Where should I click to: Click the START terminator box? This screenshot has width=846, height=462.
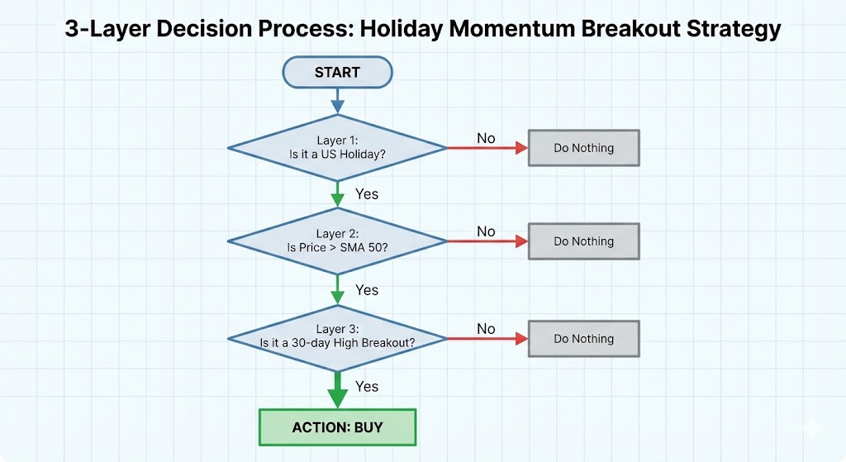pyautogui.click(x=337, y=73)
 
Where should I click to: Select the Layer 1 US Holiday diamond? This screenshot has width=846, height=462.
pyautogui.click(x=337, y=147)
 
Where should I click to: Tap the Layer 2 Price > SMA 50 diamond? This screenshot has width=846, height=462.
pyautogui.click(x=337, y=241)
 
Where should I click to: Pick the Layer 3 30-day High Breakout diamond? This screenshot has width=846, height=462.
pyautogui.click(x=337, y=338)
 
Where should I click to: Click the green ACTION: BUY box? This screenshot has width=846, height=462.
pyautogui.click(x=337, y=427)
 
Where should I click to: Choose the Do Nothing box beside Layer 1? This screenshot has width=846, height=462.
pyautogui.click(x=584, y=148)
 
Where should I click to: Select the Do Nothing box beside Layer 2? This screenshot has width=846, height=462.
pyautogui.click(x=584, y=241)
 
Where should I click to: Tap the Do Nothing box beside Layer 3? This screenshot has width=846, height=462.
pyautogui.click(x=584, y=339)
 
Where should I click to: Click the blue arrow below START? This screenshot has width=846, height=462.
pyautogui.click(x=337, y=101)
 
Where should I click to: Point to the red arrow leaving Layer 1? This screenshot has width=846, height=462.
pyautogui.click(x=487, y=148)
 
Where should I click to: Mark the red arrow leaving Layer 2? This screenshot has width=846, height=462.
pyautogui.click(x=487, y=241)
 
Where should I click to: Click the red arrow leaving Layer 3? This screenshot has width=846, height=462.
pyautogui.click(x=487, y=339)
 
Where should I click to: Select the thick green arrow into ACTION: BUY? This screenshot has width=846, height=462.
pyautogui.click(x=338, y=390)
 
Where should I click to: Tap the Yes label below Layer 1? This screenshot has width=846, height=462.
pyautogui.click(x=367, y=194)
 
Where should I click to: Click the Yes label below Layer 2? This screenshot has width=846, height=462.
pyautogui.click(x=367, y=290)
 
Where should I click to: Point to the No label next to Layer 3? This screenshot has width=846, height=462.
pyautogui.click(x=486, y=329)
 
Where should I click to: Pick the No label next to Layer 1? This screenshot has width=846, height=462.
pyautogui.click(x=486, y=138)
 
